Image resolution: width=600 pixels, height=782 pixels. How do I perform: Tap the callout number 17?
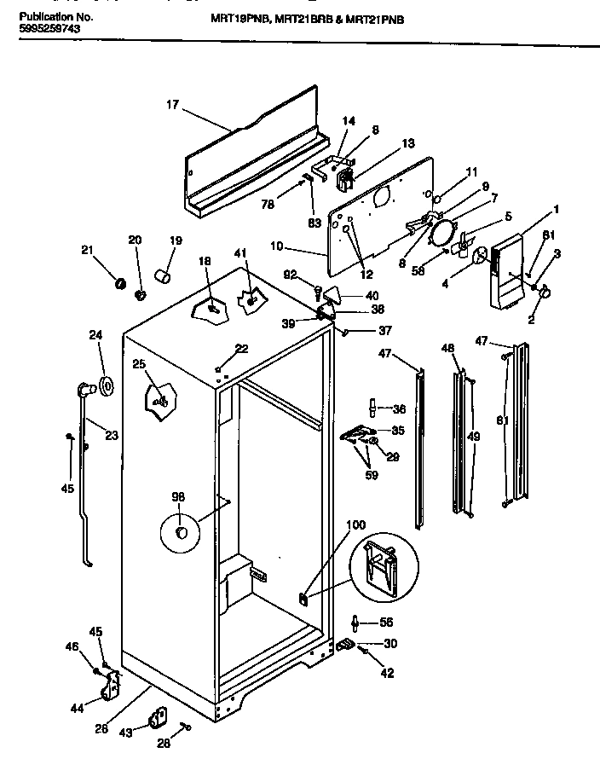click(x=173, y=107)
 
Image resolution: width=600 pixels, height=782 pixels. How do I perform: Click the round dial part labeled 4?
click(x=480, y=255)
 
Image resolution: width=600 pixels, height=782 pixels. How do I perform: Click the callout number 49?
click(x=474, y=437)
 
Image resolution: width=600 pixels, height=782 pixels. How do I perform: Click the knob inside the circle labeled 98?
click(x=181, y=533)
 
